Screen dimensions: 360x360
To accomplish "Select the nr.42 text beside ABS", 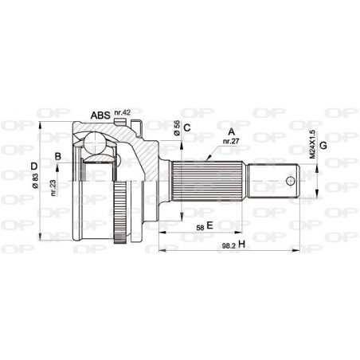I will coord(122,112).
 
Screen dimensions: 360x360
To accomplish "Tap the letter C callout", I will coord(186,127).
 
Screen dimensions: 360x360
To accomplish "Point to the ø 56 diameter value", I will coord(176,128).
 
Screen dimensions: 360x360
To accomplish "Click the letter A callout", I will coord(232,131).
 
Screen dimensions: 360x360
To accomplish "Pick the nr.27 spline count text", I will coord(231,141).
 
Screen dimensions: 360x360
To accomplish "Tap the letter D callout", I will coord(34,166).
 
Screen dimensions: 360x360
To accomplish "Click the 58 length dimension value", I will coord(199,227).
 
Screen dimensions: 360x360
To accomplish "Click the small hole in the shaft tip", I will coord(289,179).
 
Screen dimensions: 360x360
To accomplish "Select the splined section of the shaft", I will coord(210,178).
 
